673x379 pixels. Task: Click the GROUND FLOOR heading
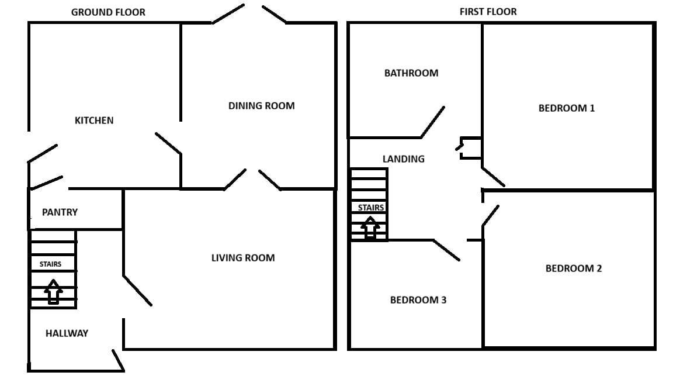click(108, 12)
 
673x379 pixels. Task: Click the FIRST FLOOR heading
click(488, 12)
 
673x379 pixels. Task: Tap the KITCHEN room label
click(94, 120)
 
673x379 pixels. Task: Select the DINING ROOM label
click(261, 106)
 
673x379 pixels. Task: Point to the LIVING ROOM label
click(243, 258)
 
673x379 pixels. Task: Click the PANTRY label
click(60, 212)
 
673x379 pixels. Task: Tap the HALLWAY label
click(67, 333)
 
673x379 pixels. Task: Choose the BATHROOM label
click(411, 73)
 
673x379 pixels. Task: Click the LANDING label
click(404, 159)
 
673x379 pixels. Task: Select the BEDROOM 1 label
click(567, 108)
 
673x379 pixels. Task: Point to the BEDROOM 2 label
click(574, 268)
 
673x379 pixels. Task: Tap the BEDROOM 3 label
click(418, 300)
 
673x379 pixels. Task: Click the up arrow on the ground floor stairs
click(53, 292)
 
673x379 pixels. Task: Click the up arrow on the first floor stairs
click(370, 228)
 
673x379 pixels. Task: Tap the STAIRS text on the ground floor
click(50, 264)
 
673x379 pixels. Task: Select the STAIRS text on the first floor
click(371, 208)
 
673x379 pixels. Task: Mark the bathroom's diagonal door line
click(433, 122)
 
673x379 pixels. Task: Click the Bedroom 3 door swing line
click(446, 250)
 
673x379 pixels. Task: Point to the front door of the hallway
click(118, 360)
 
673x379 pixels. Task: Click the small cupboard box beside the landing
click(470, 148)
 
